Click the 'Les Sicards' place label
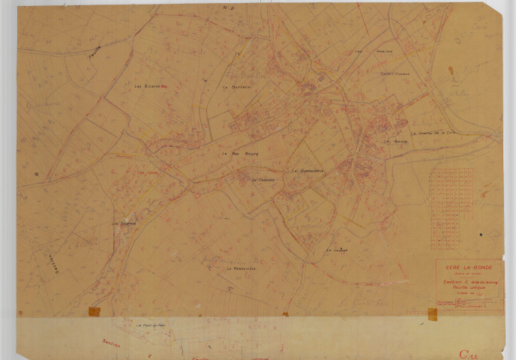click(x=148, y=86)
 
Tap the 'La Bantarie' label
click(x=236, y=86)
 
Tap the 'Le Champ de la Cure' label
click(x=438, y=133)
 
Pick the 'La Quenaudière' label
click(x=307, y=170)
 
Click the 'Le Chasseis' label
click(x=264, y=180)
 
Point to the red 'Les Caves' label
click(x=147, y=172)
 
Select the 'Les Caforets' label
click(x=123, y=223)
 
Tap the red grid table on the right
click(x=451, y=208)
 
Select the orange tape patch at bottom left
click(x=94, y=312)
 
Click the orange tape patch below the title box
click(x=433, y=313)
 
